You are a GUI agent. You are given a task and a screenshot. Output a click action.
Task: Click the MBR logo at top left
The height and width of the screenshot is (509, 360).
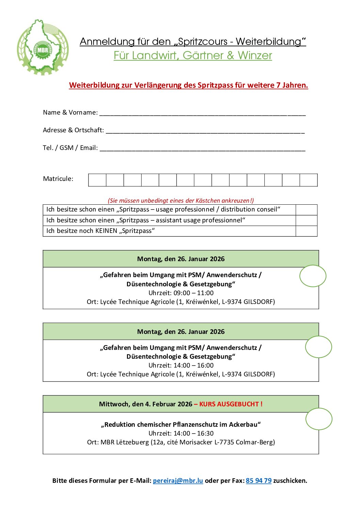[x=43, y=48]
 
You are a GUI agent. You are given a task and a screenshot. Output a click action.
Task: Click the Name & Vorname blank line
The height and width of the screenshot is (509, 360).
[x=202, y=113]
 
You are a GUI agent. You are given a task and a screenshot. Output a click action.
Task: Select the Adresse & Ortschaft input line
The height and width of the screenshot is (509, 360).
[x=205, y=131]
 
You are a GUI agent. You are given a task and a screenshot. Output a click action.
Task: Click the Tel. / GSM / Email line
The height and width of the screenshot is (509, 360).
[x=202, y=148]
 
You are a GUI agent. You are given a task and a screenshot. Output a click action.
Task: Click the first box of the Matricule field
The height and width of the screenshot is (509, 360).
[x=97, y=180]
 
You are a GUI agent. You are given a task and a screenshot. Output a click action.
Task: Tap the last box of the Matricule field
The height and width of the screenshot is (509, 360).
[x=309, y=180]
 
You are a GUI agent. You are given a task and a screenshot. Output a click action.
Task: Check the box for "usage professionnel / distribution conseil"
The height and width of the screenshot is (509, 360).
[x=306, y=210]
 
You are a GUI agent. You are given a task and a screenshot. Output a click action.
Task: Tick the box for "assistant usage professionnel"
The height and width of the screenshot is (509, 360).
[x=306, y=220]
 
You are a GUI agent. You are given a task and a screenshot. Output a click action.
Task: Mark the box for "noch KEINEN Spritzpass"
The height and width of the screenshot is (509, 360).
[x=306, y=231]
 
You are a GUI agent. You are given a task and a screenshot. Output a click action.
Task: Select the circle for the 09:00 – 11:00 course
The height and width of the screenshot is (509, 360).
[x=313, y=276]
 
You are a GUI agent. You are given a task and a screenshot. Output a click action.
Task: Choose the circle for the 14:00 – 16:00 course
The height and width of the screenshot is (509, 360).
[x=318, y=347]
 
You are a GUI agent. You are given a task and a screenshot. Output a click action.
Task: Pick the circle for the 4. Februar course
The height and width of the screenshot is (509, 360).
[x=319, y=419]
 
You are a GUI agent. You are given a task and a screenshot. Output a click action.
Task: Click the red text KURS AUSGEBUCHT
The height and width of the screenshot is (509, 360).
[x=231, y=404]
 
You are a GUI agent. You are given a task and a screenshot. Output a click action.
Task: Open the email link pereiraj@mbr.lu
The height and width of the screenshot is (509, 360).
[x=178, y=480]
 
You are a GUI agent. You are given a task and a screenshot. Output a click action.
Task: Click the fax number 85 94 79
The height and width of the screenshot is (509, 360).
[x=259, y=480]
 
